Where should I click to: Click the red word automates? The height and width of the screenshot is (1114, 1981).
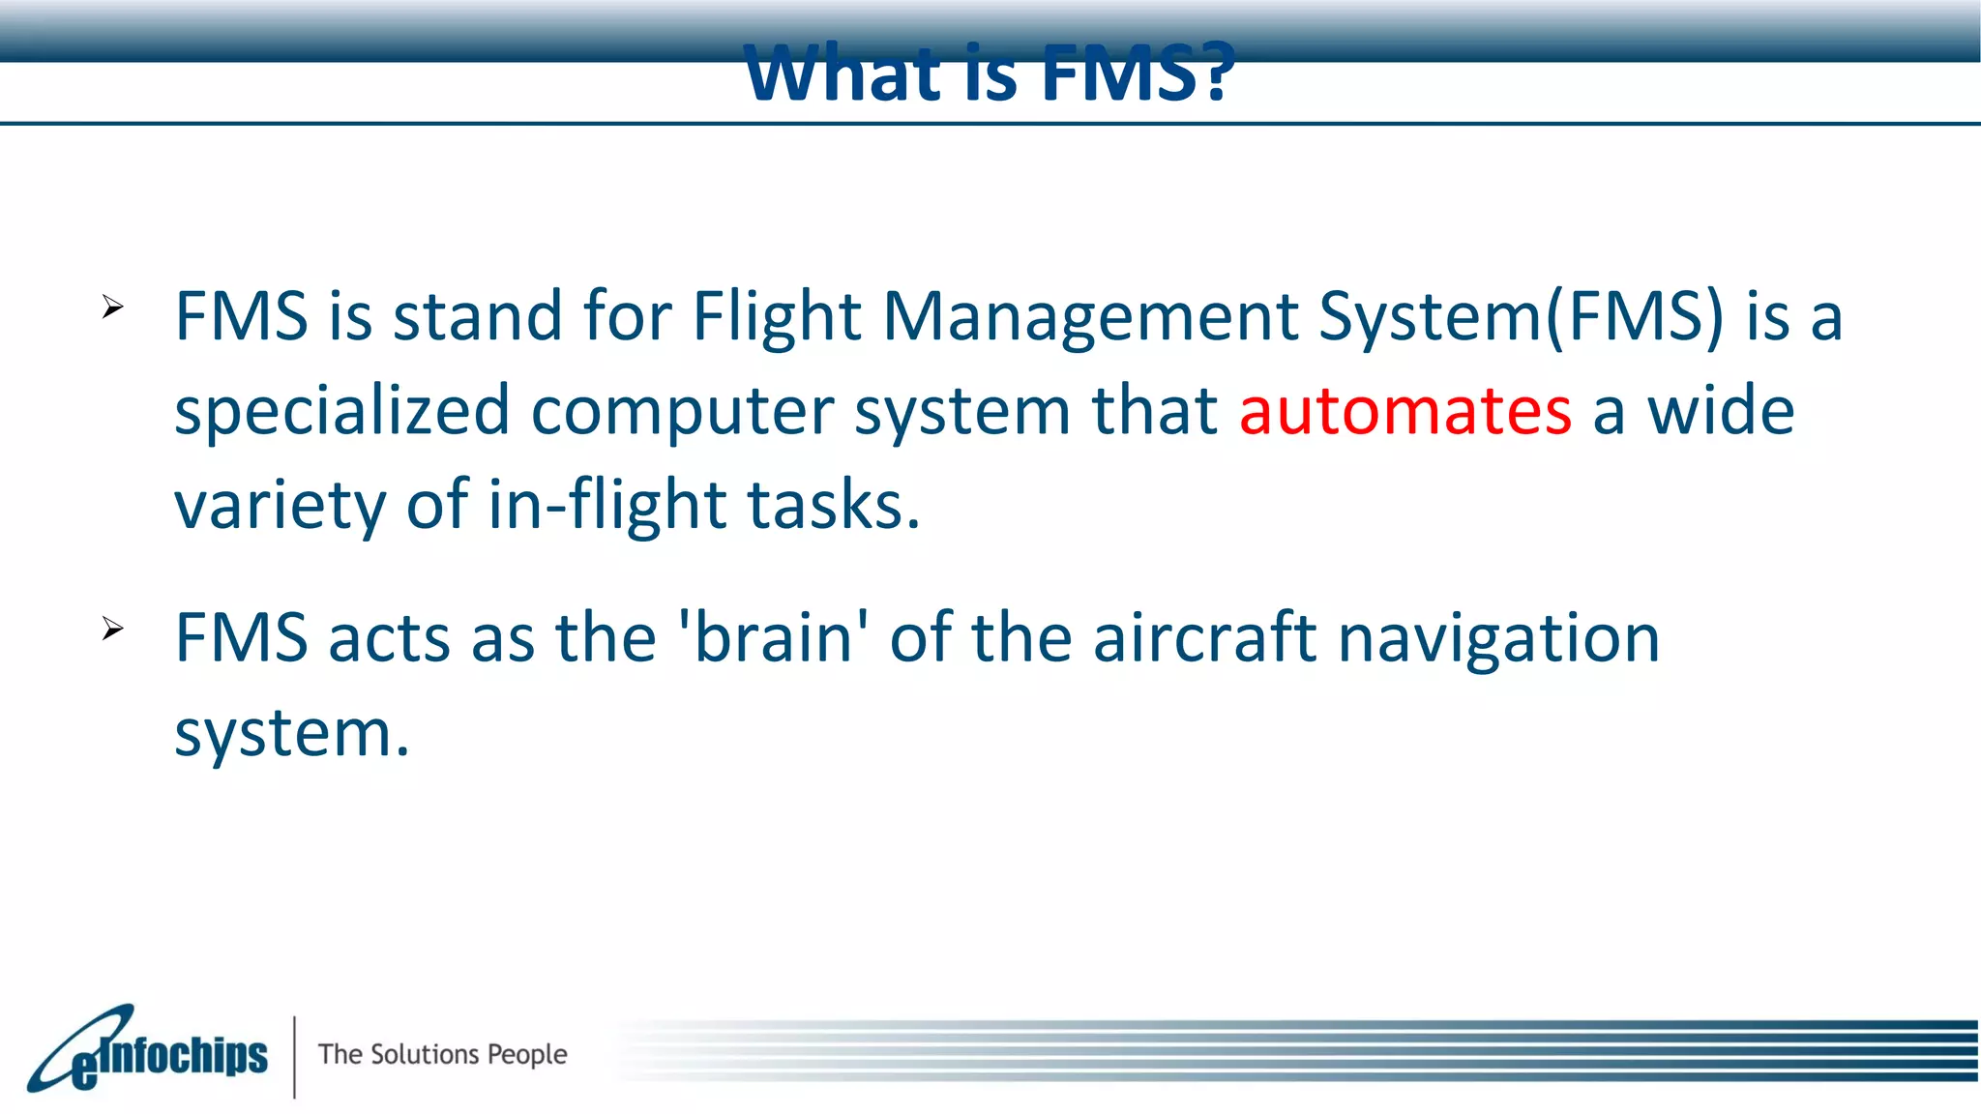pyautogui.click(x=1404, y=411)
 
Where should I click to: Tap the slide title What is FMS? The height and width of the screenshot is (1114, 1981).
pyautogui.click(x=989, y=73)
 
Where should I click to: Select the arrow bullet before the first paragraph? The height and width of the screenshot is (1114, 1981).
pyautogui.click(x=112, y=308)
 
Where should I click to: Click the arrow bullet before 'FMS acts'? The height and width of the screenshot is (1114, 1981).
pyautogui.click(x=112, y=630)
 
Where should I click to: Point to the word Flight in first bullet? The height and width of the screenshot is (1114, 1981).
pyautogui.click(x=776, y=317)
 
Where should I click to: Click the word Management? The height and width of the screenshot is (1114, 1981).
pyautogui.click(x=1090, y=317)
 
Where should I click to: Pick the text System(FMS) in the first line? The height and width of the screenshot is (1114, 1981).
pyautogui.click(x=1521, y=317)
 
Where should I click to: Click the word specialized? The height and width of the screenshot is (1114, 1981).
pyautogui.click(x=341, y=411)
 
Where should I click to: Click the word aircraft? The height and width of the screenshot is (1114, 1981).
pyautogui.click(x=1204, y=638)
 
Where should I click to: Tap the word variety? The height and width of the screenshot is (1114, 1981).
pyautogui.click(x=279, y=505)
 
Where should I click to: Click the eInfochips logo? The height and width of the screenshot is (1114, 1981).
pyautogui.click(x=147, y=1052)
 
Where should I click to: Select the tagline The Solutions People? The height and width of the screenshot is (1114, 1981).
pyautogui.click(x=442, y=1054)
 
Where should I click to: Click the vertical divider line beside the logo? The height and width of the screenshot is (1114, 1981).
pyautogui.click(x=294, y=1056)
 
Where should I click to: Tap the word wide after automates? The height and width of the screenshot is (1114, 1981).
pyautogui.click(x=1721, y=411)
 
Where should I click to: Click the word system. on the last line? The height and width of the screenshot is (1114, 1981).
pyautogui.click(x=292, y=733)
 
